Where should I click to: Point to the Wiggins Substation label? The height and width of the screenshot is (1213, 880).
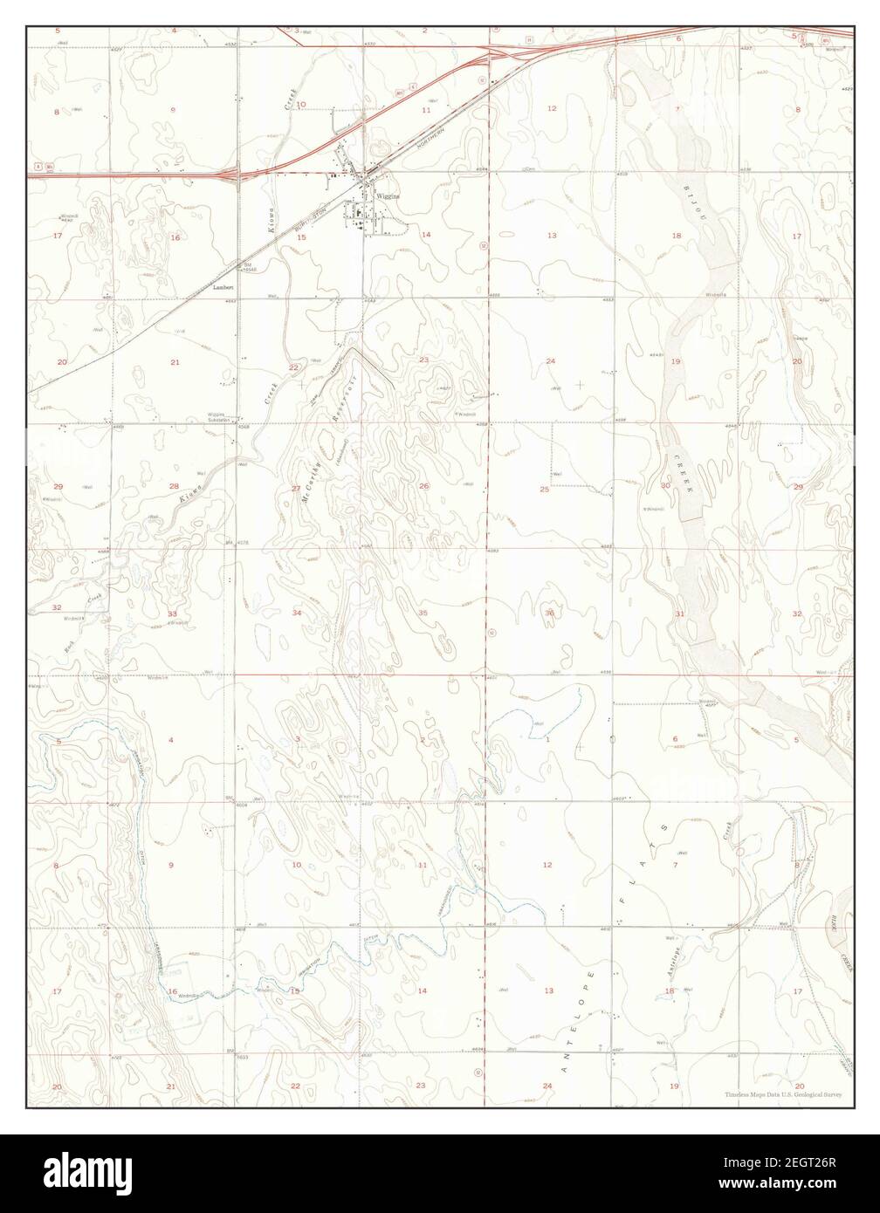pos(217,416)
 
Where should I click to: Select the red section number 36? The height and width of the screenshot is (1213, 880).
pos(550,613)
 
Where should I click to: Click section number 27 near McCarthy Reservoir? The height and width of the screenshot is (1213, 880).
pos(296,488)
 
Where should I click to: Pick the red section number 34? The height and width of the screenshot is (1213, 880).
pos(297,613)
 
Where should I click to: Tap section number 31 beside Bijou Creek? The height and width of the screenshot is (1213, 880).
pos(679,613)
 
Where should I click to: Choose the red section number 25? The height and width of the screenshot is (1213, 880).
pos(545,490)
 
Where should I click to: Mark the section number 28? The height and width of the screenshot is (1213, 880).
pos(174,486)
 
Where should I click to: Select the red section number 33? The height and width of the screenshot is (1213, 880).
pos(173,614)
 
